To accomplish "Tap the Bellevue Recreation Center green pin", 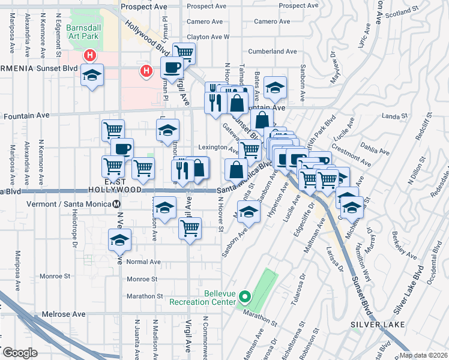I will coord(244,296).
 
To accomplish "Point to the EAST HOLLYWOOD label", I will coord(123,185).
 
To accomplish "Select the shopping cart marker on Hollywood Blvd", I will coord(184,53).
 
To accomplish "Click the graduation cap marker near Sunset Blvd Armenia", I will coord(92,75).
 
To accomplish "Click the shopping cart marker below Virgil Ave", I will coord(190,227).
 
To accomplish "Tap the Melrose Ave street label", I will coord(64,314).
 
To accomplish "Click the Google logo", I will coord(20,353).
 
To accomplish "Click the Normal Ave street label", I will coord(143,262).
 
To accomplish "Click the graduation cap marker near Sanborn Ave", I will coord(249,211).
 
